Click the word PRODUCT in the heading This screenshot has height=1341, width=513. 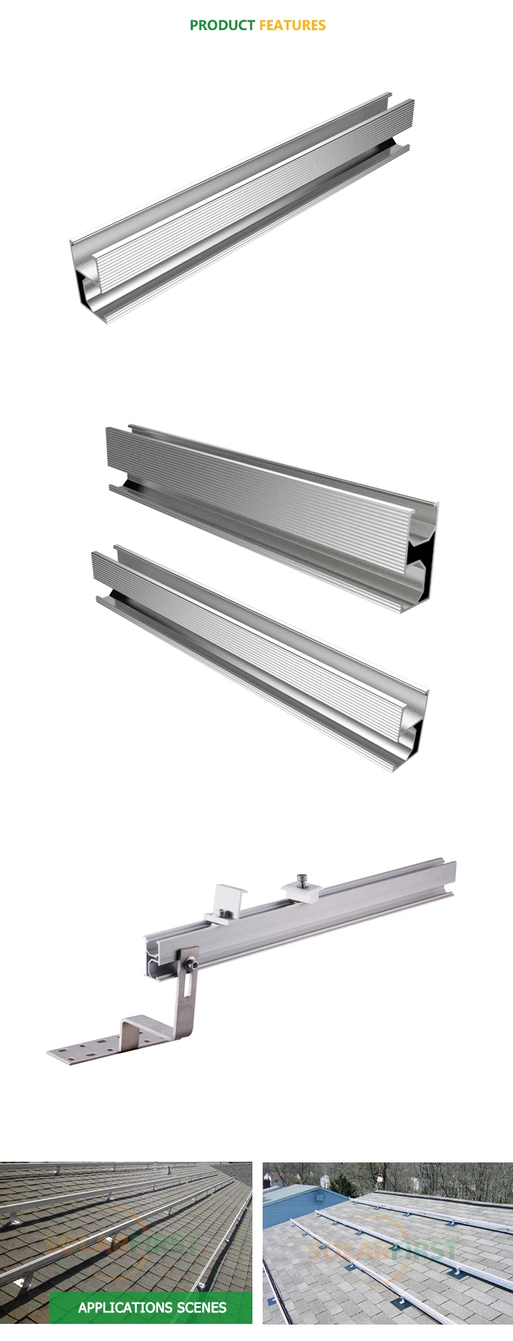click(222, 25)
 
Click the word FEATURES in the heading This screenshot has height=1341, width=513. click(292, 25)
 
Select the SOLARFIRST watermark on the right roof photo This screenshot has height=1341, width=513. click(383, 1249)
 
